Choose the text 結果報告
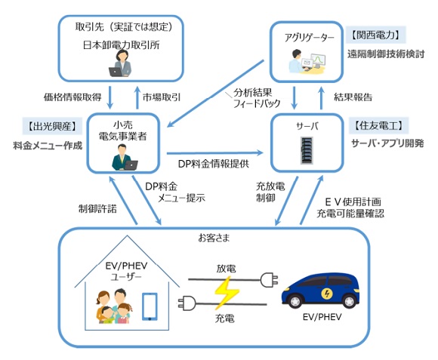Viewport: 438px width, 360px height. [353, 96]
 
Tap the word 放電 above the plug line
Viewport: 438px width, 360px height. [225, 268]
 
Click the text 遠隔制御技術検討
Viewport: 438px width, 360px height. [386, 54]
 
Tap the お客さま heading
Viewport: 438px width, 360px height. [214, 238]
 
